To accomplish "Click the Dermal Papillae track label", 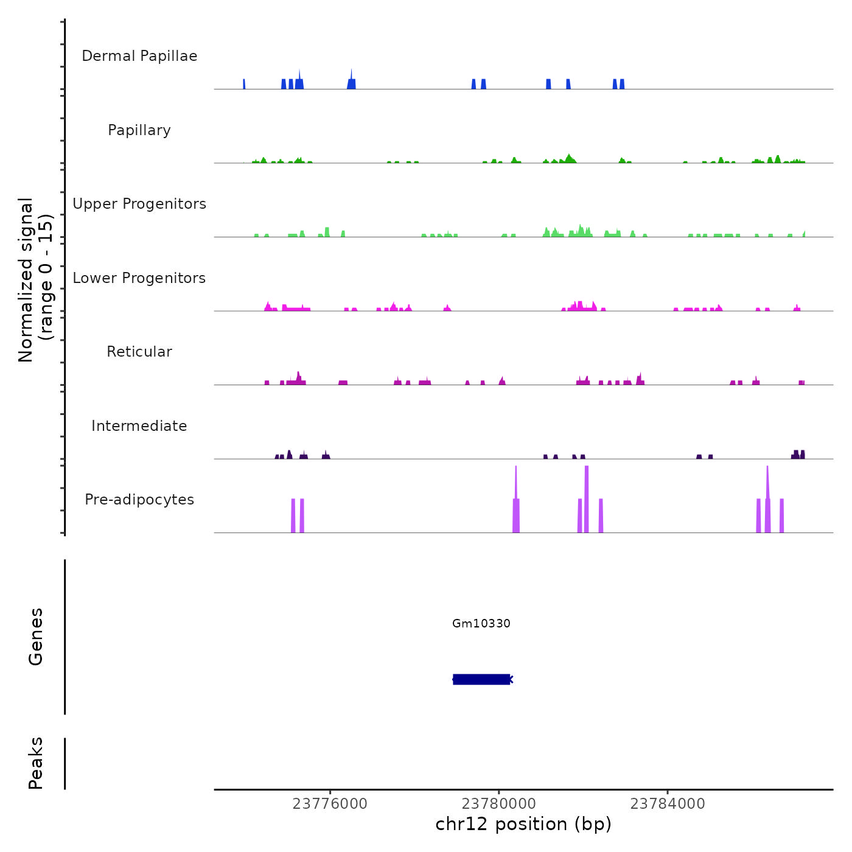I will point(139,56).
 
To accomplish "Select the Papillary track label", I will point(139,130).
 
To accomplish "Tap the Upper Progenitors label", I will point(139,204).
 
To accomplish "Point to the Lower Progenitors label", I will point(139,278).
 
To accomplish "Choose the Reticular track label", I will point(139,352).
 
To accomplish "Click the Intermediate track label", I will point(139,426).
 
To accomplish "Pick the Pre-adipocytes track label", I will point(139,500).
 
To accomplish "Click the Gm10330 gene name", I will point(481,623).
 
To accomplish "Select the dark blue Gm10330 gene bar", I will point(481,679).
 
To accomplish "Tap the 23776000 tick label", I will point(330,804).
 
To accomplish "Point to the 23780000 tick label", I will point(498,804).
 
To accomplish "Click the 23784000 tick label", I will point(668,804).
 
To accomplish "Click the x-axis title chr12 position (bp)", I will point(523,824).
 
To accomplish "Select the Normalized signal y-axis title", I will point(35,280).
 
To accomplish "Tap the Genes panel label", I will point(36,637).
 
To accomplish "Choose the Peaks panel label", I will point(36,763).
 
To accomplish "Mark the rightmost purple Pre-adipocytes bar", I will point(782,515).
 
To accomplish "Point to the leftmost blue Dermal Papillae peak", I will point(244,84).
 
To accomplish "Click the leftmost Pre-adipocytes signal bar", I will point(293,515).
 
